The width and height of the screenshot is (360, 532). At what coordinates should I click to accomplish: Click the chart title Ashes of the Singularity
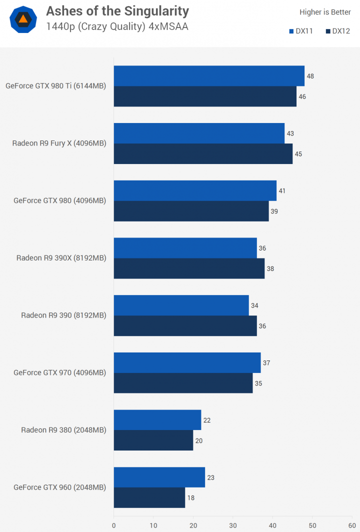pyautogui.click(x=117, y=11)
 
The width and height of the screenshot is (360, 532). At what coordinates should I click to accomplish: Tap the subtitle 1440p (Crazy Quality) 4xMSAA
pyautogui.click(x=117, y=26)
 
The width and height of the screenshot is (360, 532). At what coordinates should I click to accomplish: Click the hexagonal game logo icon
pyautogui.click(x=23, y=19)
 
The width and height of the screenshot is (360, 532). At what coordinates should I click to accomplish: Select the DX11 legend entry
pyautogui.click(x=301, y=31)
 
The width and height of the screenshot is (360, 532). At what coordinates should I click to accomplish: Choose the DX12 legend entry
pyautogui.click(x=338, y=31)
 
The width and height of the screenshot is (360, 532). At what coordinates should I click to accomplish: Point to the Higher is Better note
pyautogui.click(x=325, y=12)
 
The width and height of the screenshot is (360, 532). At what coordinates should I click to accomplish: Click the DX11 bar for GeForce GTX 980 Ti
pyautogui.click(x=209, y=76)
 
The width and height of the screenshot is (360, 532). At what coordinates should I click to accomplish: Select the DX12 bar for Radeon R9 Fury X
pyautogui.click(x=203, y=154)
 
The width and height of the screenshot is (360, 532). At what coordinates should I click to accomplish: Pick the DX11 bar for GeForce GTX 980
pyautogui.click(x=195, y=191)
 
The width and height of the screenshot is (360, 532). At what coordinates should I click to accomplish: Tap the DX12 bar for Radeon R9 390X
pyautogui.click(x=189, y=268)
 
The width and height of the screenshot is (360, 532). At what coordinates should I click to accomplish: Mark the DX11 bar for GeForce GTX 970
pyautogui.click(x=187, y=363)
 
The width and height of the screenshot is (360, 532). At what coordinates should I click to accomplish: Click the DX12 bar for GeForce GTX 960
pyautogui.click(x=149, y=498)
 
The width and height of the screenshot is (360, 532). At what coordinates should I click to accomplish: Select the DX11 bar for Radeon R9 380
pyautogui.click(x=157, y=420)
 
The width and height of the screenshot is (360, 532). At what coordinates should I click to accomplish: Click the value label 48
pyautogui.click(x=310, y=76)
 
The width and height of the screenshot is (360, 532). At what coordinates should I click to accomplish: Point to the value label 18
pyautogui.click(x=191, y=498)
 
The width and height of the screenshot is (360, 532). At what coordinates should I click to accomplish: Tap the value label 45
pyautogui.click(x=298, y=154)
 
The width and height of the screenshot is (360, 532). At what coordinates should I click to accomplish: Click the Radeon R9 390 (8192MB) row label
pyautogui.click(x=63, y=315)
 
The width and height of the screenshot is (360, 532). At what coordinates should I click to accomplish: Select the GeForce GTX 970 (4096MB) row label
pyautogui.click(x=60, y=372)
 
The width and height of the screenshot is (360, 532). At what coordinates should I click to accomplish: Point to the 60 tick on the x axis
pyautogui.click(x=352, y=525)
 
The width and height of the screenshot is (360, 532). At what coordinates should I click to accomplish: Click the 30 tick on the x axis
pyautogui.click(x=233, y=525)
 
